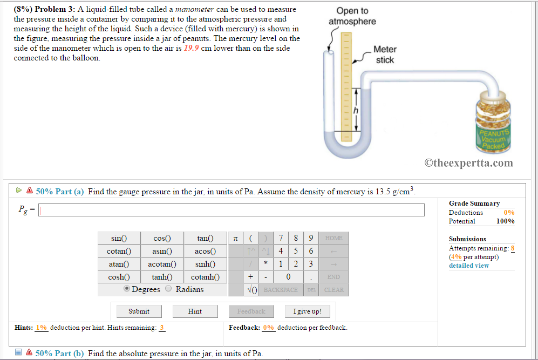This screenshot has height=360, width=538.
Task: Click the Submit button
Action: [x=139, y=311]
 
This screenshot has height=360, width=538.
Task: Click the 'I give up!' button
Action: [x=307, y=311]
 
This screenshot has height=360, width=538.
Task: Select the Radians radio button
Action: [x=168, y=289]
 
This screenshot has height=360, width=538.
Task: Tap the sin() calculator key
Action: [x=119, y=238]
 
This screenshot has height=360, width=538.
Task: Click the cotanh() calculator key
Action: [x=205, y=277]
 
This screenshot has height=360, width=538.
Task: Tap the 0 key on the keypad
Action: [x=289, y=277]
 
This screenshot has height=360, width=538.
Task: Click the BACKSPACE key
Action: [x=280, y=290]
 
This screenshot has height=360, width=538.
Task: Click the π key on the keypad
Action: [x=235, y=238]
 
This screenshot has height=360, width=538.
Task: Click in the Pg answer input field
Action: [x=231, y=210]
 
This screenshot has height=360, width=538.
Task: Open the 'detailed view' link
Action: [x=469, y=266]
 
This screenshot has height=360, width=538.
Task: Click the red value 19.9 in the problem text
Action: [x=192, y=49]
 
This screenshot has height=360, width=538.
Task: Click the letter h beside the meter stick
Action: [x=356, y=110]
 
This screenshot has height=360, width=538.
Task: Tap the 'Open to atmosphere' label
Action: [x=352, y=16]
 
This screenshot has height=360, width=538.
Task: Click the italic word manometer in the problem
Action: [x=195, y=10]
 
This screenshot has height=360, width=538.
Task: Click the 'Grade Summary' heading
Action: [x=474, y=203]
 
